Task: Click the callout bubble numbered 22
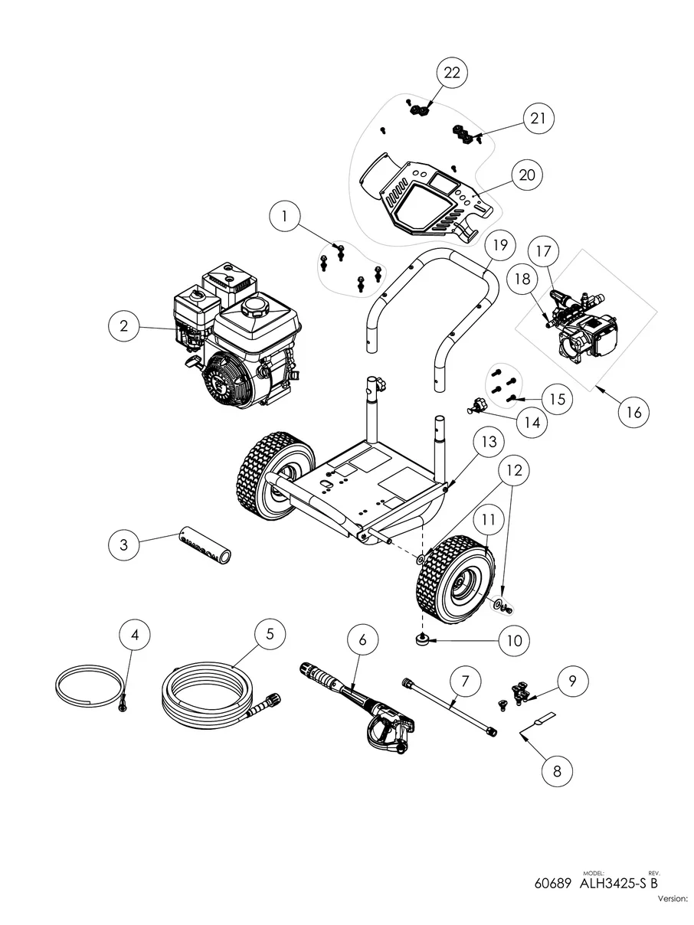tap(452, 73)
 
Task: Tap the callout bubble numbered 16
tap(633, 412)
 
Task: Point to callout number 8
tap(557, 771)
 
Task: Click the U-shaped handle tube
tap(433, 306)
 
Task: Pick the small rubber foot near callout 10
tap(421, 639)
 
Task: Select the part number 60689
tap(553, 883)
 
